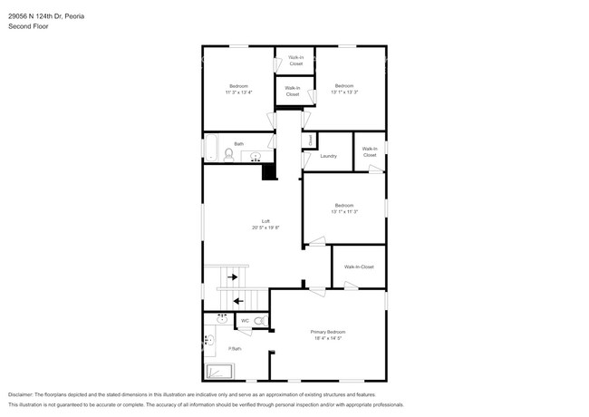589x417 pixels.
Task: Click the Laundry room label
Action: pyautogui.click(x=328, y=156)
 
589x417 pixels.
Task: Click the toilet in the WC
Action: pyautogui.click(x=259, y=321)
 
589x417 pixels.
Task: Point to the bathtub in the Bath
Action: pyautogui.click(x=210, y=148)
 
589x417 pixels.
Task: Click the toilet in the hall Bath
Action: pyautogui.click(x=228, y=156)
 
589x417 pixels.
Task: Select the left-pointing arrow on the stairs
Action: pyautogui.click(x=238, y=300)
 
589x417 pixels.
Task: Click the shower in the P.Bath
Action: pyautogui.click(x=219, y=371)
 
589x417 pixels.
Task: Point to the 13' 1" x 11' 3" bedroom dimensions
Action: pyautogui.click(x=344, y=212)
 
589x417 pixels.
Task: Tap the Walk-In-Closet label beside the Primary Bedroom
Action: pyautogui.click(x=359, y=267)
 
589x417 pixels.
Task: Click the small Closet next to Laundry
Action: pyautogui.click(x=309, y=141)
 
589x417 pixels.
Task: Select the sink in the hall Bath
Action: pyautogui.click(x=256, y=157)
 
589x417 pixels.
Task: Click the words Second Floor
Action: pyautogui.click(x=28, y=27)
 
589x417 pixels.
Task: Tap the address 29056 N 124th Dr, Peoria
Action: pyautogui.click(x=47, y=14)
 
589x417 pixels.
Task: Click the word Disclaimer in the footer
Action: pyautogui.click(x=20, y=395)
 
